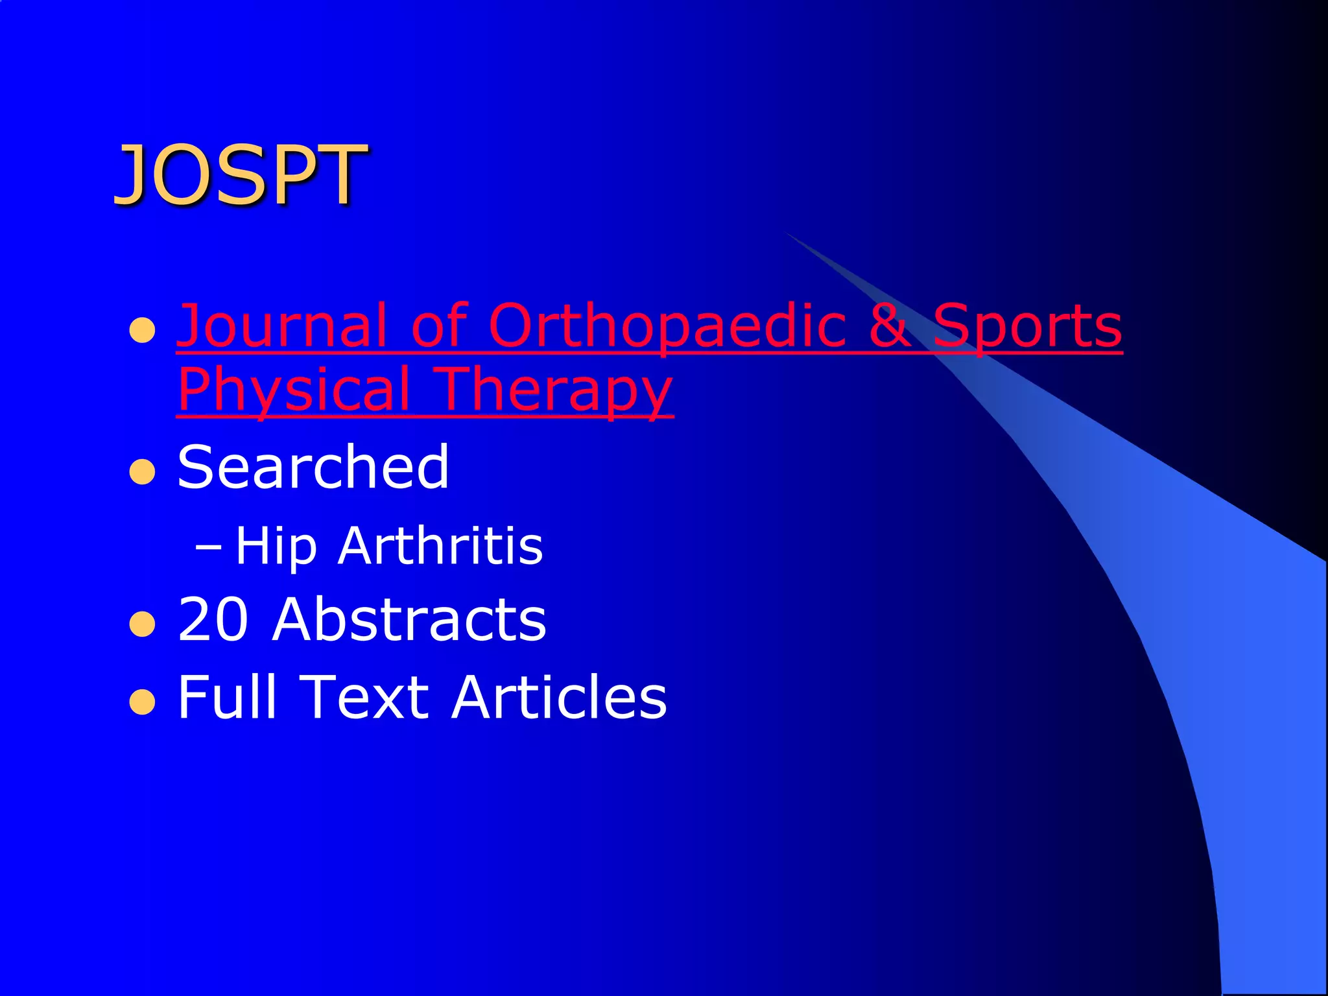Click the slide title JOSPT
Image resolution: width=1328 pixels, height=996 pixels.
click(x=241, y=174)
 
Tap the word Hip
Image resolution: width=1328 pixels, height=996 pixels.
click(x=276, y=546)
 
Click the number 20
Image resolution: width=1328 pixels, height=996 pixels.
click(x=213, y=619)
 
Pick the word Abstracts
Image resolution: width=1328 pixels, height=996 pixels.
click(x=409, y=619)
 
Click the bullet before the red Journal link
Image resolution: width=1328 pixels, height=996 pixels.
click(x=142, y=330)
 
